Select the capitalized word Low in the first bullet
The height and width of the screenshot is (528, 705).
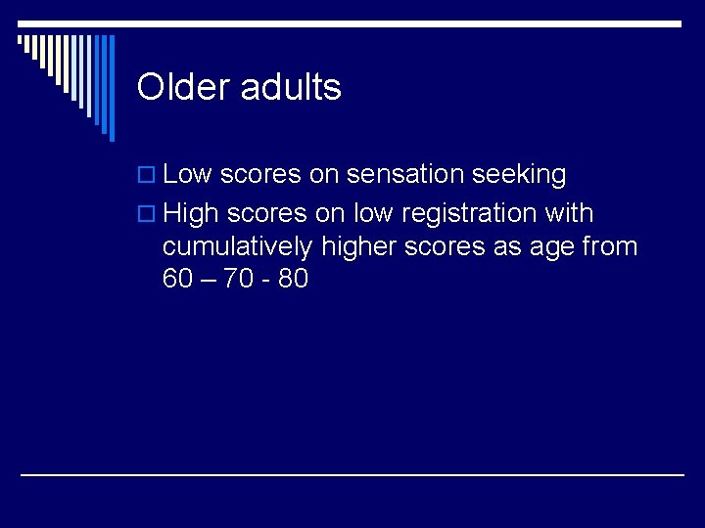click(x=188, y=175)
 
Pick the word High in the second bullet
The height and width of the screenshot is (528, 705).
click(x=192, y=213)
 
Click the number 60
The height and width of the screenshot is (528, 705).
click(x=178, y=280)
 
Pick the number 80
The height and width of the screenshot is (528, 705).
click(x=293, y=280)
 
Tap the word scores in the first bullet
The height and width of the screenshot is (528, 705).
click(x=260, y=176)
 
